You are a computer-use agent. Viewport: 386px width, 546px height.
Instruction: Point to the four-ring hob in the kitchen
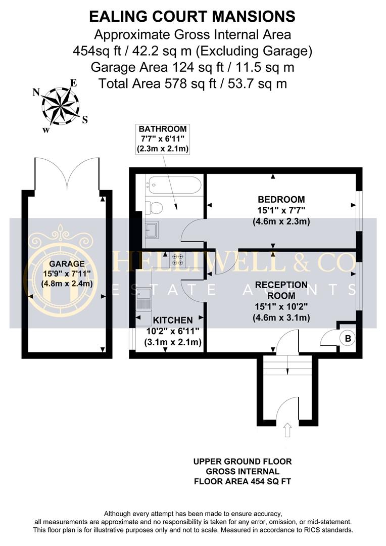pyautogui.click(x=178, y=259)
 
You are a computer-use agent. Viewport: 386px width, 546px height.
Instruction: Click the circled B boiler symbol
pyautogui.click(x=348, y=338)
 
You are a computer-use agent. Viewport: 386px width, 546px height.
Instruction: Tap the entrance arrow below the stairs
pyautogui.click(x=288, y=430)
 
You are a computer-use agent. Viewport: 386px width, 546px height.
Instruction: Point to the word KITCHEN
pyautogui.click(x=173, y=320)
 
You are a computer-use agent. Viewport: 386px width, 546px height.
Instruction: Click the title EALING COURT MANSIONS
pyautogui.click(x=192, y=17)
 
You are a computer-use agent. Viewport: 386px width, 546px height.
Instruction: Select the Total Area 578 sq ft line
pyautogui.click(x=192, y=83)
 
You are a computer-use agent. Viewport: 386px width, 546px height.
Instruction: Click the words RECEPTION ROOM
pyautogui.click(x=281, y=290)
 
